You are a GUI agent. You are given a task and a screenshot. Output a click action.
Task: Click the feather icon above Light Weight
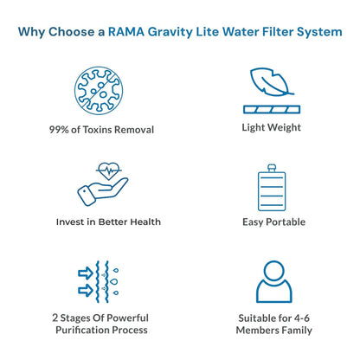pyautogui.click(x=271, y=80)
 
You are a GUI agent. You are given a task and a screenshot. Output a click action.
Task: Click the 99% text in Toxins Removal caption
pyautogui.click(x=61, y=129)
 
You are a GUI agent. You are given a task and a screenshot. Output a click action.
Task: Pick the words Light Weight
pyautogui.click(x=272, y=127)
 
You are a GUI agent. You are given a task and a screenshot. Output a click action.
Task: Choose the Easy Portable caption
pyautogui.click(x=273, y=222)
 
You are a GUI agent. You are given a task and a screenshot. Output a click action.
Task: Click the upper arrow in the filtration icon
pyautogui.click(x=84, y=272)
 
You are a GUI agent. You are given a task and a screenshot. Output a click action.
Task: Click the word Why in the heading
pyautogui.click(x=32, y=32)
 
